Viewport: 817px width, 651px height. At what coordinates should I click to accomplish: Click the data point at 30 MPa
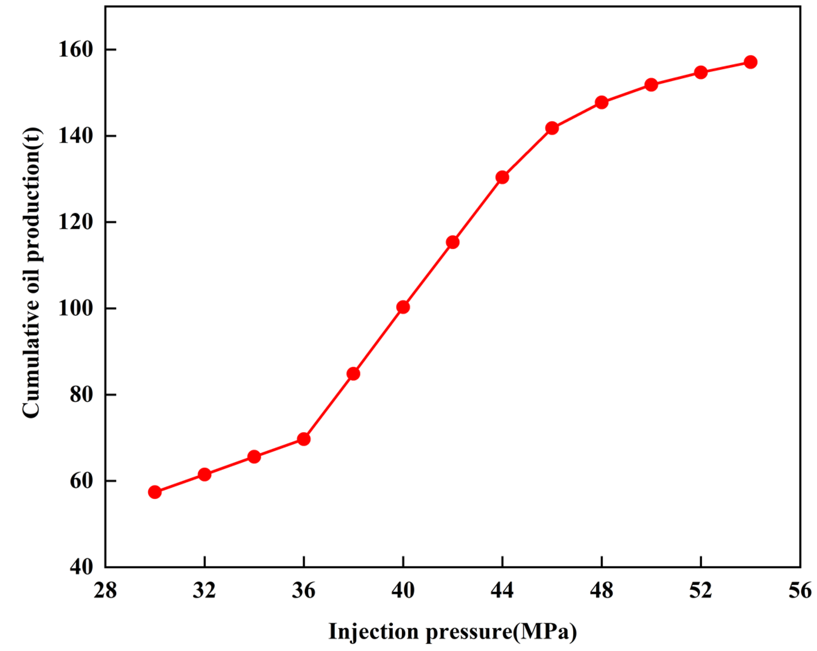click(154, 492)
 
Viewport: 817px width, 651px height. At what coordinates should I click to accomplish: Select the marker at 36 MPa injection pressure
click(304, 439)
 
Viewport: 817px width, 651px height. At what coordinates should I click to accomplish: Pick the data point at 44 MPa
click(502, 177)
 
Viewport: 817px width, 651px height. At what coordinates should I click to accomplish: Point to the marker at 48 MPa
click(601, 102)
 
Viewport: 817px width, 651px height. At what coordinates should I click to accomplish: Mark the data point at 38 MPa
click(353, 374)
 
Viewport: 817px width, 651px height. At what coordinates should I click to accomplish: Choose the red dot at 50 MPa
click(651, 85)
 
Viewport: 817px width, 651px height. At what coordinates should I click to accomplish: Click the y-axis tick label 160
click(75, 50)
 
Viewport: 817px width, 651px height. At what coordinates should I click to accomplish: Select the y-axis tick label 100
click(75, 308)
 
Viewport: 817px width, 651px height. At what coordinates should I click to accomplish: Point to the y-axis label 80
click(81, 395)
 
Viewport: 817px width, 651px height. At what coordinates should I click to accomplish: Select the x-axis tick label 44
click(502, 591)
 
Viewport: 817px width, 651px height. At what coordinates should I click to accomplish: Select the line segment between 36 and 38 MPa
click(328, 407)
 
